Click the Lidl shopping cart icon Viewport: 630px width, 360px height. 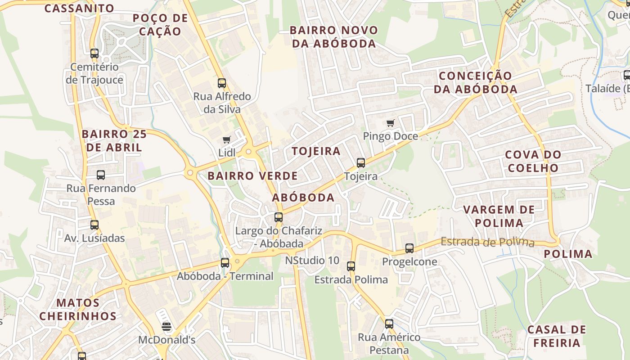pyautogui.click(x=226, y=140)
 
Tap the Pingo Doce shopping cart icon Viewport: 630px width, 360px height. pyautogui.click(x=390, y=123)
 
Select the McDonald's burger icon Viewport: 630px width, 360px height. pyautogui.click(x=166, y=326)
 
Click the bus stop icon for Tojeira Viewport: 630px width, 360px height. pyautogui.click(x=360, y=163)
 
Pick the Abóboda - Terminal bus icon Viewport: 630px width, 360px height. pyautogui.click(x=225, y=263)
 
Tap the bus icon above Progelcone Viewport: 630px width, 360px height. pyautogui.click(x=409, y=248)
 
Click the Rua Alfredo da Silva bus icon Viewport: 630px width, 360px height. pyautogui.click(x=221, y=83)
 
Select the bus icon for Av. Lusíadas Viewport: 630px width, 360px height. pyautogui.click(x=94, y=225)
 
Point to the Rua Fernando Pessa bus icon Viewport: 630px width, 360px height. pyautogui.click(x=100, y=175)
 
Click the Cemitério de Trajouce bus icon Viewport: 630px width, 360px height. pyautogui.click(x=94, y=54)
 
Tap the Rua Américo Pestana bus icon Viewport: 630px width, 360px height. pyautogui.click(x=389, y=324)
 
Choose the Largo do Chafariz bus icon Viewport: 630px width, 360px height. pyautogui.click(x=279, y=217)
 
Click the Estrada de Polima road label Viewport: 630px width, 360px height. pyautogui.click(x=487, y=242)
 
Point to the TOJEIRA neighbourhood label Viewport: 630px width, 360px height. pyautogui.click(x=316, y=151)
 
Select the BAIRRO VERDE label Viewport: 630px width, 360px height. pyautogui.click(x=252, y=176)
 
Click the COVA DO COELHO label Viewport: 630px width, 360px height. pyautogui.click(x=533, y=161)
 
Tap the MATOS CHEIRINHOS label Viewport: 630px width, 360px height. pyautogui.click(x=77, y=309)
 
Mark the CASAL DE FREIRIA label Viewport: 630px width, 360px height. pyautogui.click(x=557, y=336)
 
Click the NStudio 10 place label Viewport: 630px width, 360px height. pyautogui.click(x=312, y=261)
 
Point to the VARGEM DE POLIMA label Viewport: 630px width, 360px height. pyautogui.click(x=499, y=216)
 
